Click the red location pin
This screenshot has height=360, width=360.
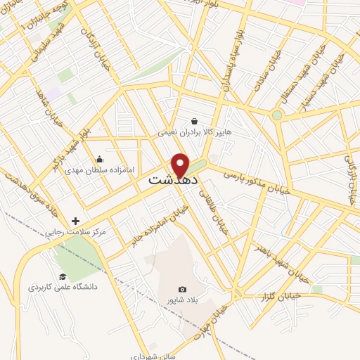[181, 165]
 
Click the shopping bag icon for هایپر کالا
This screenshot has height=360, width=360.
[193, 121]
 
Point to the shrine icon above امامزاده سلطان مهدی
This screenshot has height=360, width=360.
[99, 159]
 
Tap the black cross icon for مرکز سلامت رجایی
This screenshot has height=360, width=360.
[75, 221]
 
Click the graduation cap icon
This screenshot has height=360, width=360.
[63, 277]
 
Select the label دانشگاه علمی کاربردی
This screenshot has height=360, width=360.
[63, 288]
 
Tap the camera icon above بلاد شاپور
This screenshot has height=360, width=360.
[183, 289]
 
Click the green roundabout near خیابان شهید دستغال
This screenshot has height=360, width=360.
[277, 115]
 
